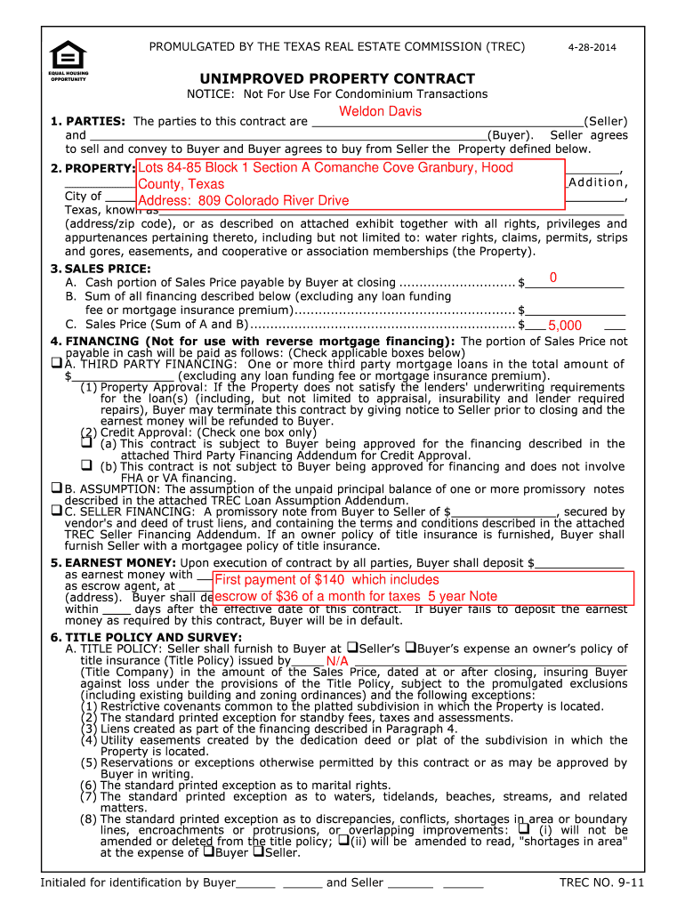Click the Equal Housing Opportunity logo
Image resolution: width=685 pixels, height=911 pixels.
[x=68, y=60]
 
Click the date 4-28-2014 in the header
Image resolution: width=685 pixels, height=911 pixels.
[x=592, y=47]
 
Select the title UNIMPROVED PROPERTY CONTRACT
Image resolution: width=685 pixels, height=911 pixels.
[x=337, y=78]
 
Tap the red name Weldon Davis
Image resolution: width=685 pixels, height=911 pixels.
[x=380, y=111]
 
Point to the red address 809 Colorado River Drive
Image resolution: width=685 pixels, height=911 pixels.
[x=243, y=200]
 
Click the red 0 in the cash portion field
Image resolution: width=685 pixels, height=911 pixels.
[x=552, y=278]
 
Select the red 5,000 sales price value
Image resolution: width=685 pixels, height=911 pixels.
[x=565, y=326]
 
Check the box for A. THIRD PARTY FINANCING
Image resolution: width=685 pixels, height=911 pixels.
[x=56, y=363]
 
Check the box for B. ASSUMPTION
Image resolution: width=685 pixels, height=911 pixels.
[x=56, y=488]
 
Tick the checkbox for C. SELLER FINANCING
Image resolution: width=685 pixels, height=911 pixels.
[x=56, y=511]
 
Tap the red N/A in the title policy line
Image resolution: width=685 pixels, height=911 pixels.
[x=337, y=661]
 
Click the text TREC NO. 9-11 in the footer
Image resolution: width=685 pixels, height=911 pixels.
[x=601, y=883]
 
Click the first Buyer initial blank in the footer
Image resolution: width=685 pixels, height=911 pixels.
[x=256, y=883]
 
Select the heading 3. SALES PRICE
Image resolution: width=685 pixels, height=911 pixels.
[x=100, y=268]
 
